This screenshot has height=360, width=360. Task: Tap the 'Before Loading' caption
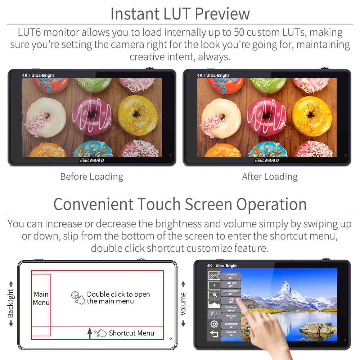coord(91,177)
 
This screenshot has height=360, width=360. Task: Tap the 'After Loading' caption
coord(270,177)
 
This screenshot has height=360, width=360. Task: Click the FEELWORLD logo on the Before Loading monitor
coord(92,160)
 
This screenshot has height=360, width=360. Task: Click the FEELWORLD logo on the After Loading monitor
coord(267,160)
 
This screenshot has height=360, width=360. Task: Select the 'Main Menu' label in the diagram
coord(41,298)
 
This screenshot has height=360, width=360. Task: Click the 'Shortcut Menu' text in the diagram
coord(131,333)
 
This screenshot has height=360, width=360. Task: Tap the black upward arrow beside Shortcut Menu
coord(90,333)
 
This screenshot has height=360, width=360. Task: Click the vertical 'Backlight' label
coord(11,303)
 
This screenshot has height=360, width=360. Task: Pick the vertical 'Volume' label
coord(183,303)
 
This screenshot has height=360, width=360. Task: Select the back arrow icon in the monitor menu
coord(214,334)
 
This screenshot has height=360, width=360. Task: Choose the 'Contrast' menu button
coord(231,334)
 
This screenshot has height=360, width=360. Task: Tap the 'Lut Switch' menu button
coord(231,276)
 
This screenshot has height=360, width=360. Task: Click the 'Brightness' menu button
coord(231,325)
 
